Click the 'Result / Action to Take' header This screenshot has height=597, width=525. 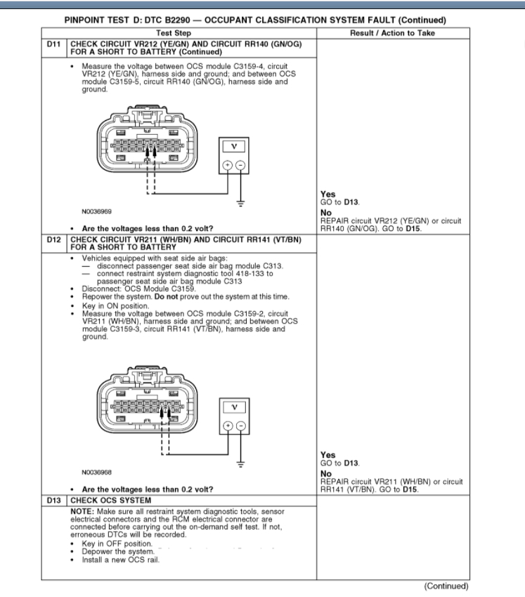point(392,33)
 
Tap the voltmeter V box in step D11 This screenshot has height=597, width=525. point(233,147)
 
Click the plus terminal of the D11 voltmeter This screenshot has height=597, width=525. point(227,166)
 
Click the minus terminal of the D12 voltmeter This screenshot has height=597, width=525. point(240,426)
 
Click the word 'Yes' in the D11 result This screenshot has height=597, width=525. point(328,195)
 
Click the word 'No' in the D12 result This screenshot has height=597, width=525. point(325,473)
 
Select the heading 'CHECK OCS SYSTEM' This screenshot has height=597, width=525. point(104,499)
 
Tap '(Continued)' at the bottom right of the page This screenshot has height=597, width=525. point(445,586)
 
